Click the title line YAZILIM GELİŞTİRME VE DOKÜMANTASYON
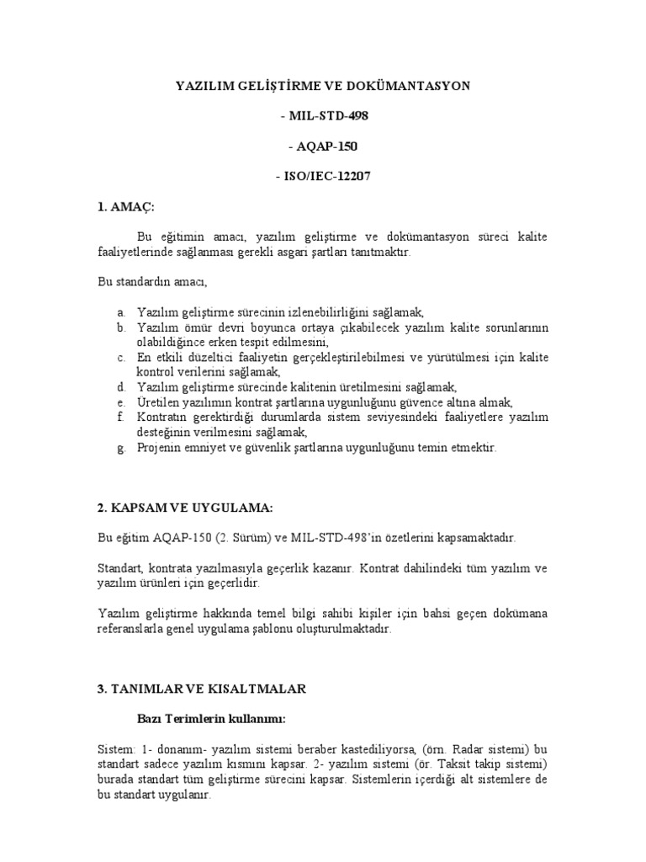pos(323,86)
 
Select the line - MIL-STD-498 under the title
pos(323,116)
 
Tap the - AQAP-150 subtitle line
pos(323,146)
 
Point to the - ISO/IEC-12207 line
pos(323,177)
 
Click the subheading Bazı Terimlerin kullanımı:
pos(210,718)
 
